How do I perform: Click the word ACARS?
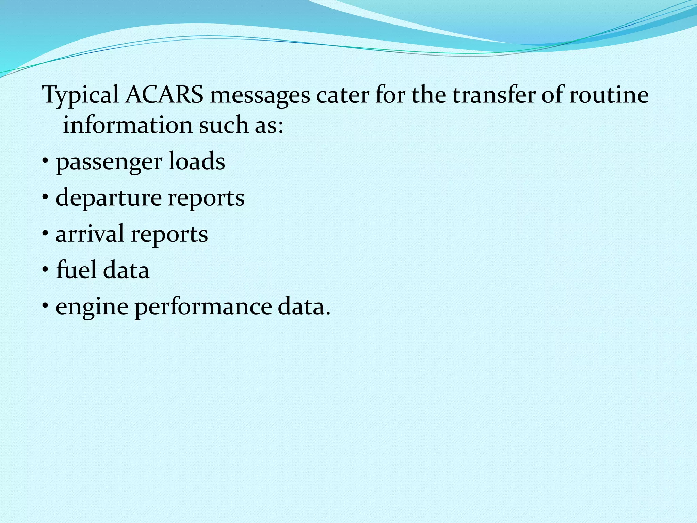coord(164,95)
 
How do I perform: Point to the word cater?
coord(342,95)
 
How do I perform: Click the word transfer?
coord(494,95)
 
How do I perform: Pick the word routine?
coord(609,95)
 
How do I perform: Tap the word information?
coord(128,125)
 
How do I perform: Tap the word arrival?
coord(90,234)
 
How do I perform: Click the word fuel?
coord(76,270)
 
